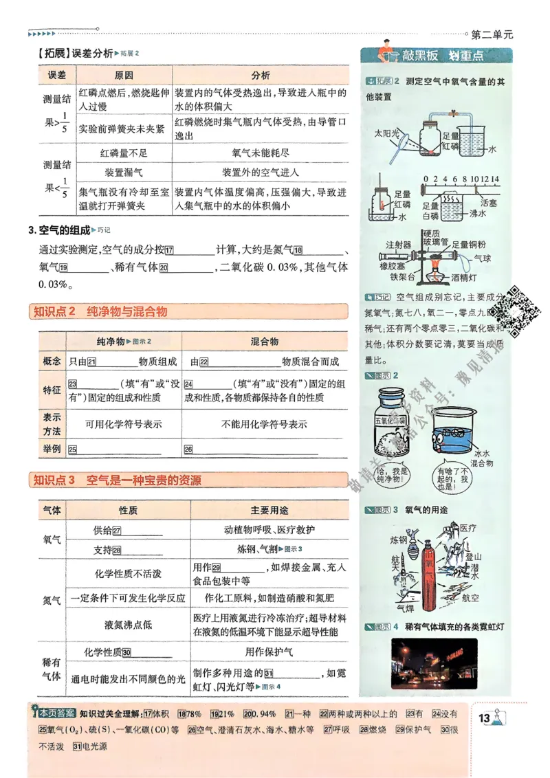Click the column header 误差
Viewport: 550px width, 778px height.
click(56, 76)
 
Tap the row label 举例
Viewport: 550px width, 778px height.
click(52, 449)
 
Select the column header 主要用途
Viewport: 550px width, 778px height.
click(269, 511)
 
